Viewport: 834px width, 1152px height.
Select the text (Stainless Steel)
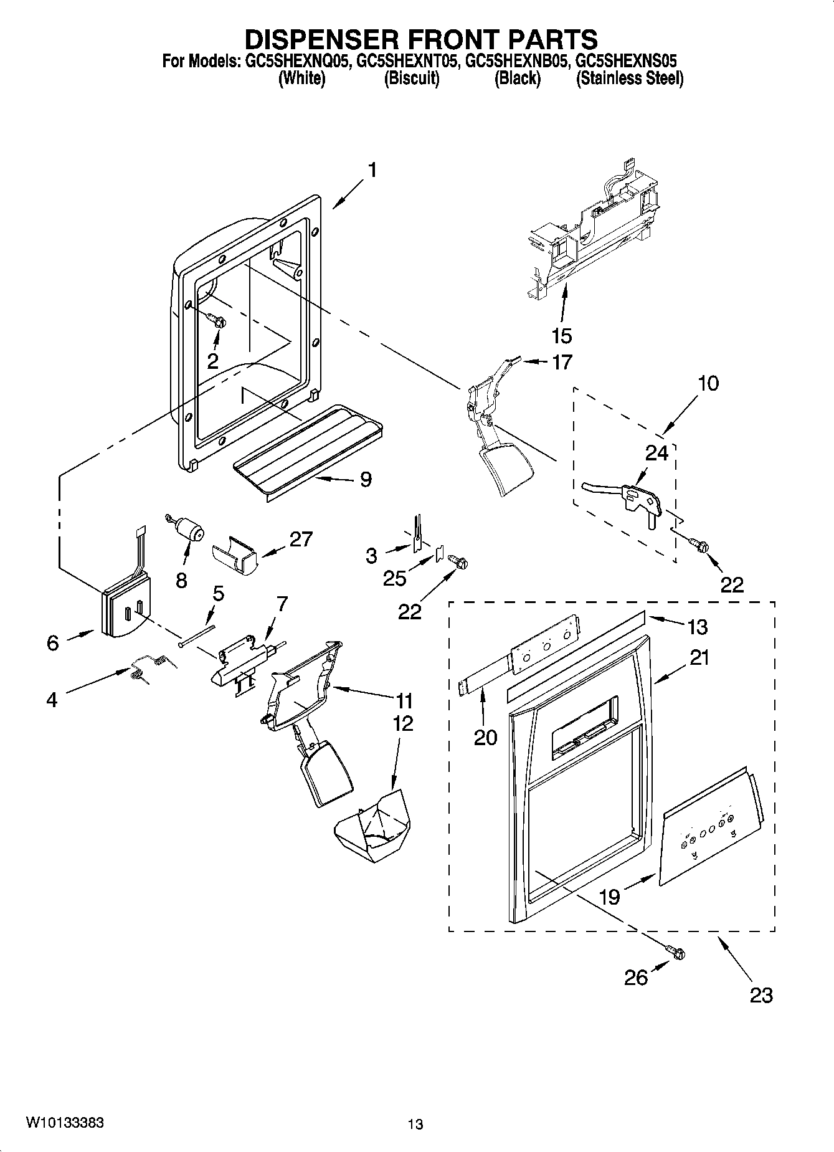[x=630, y=79]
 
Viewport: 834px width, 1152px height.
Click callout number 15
[x=561, y=336]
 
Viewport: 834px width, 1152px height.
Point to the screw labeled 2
[x=219, y=321]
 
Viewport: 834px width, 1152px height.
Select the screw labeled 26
[x=677, y=953]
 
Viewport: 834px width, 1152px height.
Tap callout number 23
[x=761, y=995]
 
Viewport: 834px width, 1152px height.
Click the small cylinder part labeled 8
[x=189, y=531]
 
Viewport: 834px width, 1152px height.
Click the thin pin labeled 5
[x=198, y=636]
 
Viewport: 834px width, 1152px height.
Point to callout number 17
[x=562, y=362]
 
